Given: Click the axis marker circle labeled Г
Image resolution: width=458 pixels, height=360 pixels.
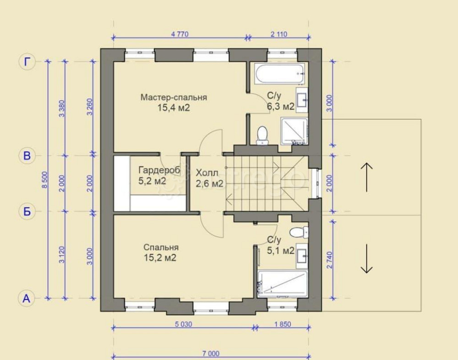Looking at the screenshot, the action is tap(27, 62).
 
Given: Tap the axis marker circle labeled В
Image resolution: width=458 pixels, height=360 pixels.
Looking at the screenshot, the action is tap(27, 156).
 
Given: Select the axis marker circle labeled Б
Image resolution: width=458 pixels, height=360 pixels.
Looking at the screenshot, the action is tap(27, 211).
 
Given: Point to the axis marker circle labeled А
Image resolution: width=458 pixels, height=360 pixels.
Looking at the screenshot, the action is tap(27, 299).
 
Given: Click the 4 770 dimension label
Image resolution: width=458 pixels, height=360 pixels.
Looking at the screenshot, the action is tap(180, 34).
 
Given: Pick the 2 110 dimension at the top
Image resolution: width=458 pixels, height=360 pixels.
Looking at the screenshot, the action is tap(279, 34).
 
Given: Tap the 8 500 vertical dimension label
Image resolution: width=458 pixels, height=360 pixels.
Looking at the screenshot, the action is tap(44, 180).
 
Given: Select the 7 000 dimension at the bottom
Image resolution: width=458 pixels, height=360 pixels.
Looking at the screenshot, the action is tap(211, 354).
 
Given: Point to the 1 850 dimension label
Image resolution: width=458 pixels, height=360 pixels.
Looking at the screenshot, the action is tap(283, 324).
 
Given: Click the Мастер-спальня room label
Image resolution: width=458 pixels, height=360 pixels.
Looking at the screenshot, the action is tap(174, 97).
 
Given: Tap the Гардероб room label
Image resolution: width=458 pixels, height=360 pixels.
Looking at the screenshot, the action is tap(159, 170).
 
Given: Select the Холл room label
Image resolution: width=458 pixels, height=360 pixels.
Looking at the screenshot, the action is tap(207, 173).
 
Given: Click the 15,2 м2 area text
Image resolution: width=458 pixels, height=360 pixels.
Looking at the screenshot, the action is tap(160, 258).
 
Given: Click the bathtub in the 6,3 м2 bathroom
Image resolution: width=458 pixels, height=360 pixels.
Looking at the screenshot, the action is tap(279, 74).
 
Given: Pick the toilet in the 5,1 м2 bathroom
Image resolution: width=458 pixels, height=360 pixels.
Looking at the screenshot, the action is tap(299, 232).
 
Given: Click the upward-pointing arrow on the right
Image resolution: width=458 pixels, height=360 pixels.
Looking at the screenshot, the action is tap(366, 177).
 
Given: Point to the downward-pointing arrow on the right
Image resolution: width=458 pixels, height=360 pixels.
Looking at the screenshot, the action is tap(366, 259).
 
